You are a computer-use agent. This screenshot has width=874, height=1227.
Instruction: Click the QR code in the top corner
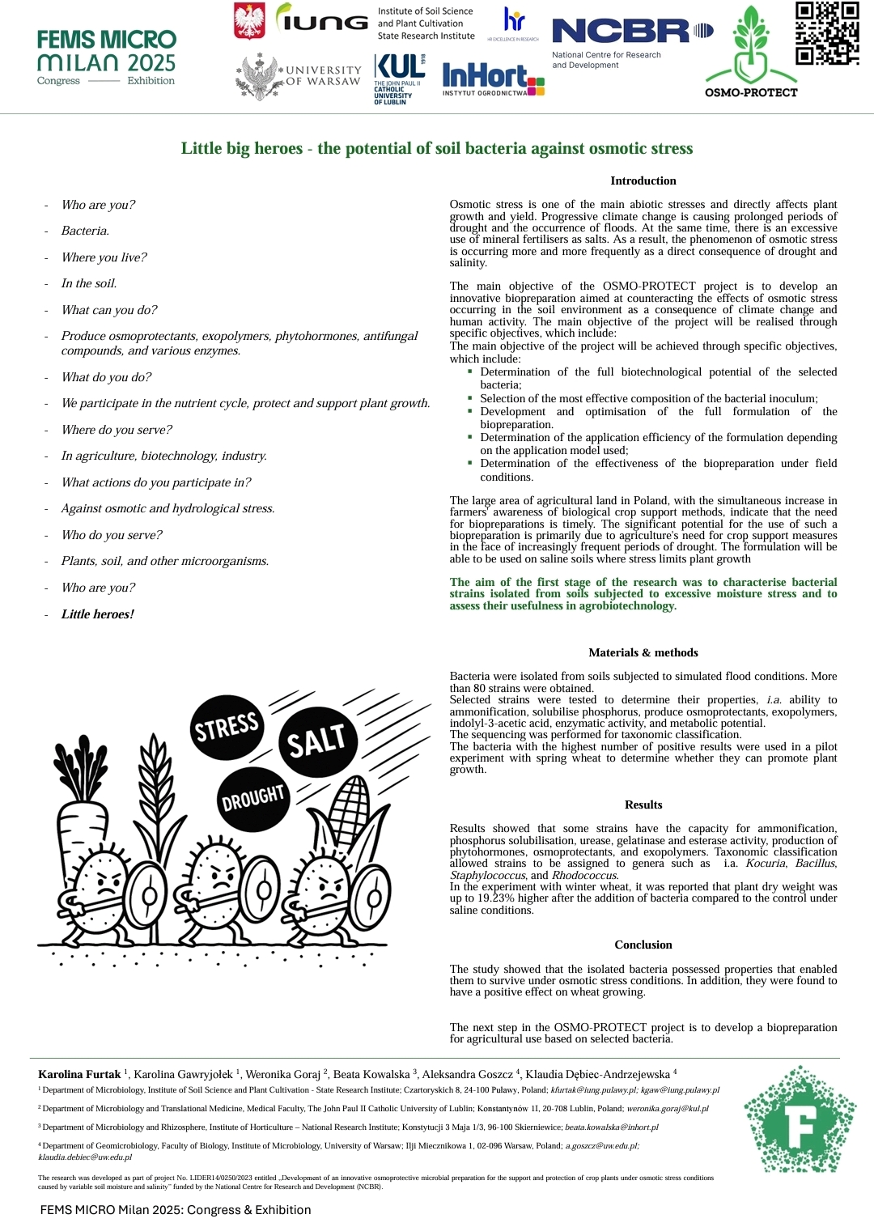pos(826,33)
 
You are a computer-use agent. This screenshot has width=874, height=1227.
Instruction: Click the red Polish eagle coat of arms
pos(249,21)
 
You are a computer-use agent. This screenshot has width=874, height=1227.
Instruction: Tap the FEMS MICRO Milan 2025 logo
pos(106,57)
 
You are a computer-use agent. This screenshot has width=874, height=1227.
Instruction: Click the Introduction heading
pos(643,180)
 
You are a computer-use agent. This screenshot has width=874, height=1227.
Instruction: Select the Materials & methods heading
pos(643,652)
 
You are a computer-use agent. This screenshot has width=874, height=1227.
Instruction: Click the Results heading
pos(643,805)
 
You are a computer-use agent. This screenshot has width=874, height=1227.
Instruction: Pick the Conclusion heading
pos(643,945)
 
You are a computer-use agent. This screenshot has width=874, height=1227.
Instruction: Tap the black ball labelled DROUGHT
pos(253,798)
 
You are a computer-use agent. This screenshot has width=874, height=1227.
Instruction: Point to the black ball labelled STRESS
pos(226,727)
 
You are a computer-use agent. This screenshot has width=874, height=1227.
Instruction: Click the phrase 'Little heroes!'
pos(98,614)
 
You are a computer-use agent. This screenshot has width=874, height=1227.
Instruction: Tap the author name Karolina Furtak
pos(79,1074)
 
